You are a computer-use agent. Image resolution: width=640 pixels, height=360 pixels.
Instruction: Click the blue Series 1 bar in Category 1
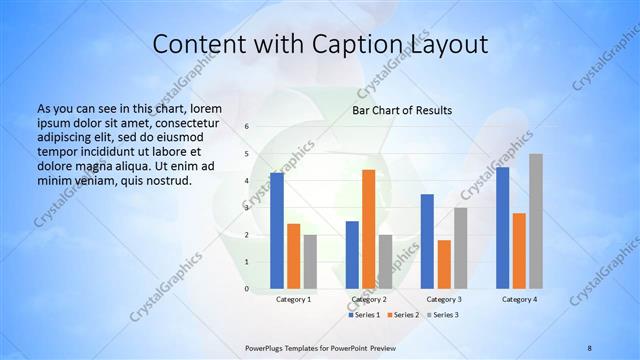pyautogui.click(x=277, y=231)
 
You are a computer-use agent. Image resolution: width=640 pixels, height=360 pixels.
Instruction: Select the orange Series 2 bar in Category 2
pyautogui.click(x=368, y=229)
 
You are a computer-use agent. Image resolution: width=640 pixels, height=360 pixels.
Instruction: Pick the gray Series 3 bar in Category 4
pyautogui.click(x=536, y=221)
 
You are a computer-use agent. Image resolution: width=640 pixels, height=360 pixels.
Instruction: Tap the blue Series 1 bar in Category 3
pyautogui.click(x=427, y=241)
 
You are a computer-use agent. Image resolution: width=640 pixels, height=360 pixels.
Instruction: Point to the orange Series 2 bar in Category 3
pyautogui.click(x=444, y=264)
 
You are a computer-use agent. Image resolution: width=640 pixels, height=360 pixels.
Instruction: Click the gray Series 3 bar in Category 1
pyautogui.click(x=310, y=261)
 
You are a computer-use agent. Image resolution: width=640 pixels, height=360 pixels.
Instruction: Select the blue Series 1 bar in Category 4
pyautogui.click(x=502, y=228)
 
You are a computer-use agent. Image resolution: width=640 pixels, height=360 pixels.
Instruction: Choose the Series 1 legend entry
pyautogui.click(x=364, y=315)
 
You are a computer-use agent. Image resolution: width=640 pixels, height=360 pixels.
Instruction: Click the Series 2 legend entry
pyautogui.click(x=402, y=315)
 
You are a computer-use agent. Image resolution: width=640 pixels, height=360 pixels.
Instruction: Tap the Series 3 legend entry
pyautogui.click(x=441, y=315)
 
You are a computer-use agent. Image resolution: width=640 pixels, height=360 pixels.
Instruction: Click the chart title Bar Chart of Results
pyautogui.click(x=402, y=110)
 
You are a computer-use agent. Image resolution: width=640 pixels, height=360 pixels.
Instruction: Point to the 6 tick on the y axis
pyautogui.click(x=247, y=126)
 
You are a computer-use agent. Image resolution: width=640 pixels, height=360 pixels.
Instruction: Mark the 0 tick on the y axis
pyautogui.click(x=247, y=288)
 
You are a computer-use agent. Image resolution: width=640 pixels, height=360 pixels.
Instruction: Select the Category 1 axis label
pyautogui.click(x=294, y=299)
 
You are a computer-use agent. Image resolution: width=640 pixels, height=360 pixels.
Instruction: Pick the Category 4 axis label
pyautogui.click(x=519, y=299)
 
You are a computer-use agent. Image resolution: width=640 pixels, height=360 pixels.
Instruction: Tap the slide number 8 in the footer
pyautogui.click(x=590, y=347)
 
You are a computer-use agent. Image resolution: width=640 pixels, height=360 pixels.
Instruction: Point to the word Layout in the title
pyautogui.click(x=447, y=44)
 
